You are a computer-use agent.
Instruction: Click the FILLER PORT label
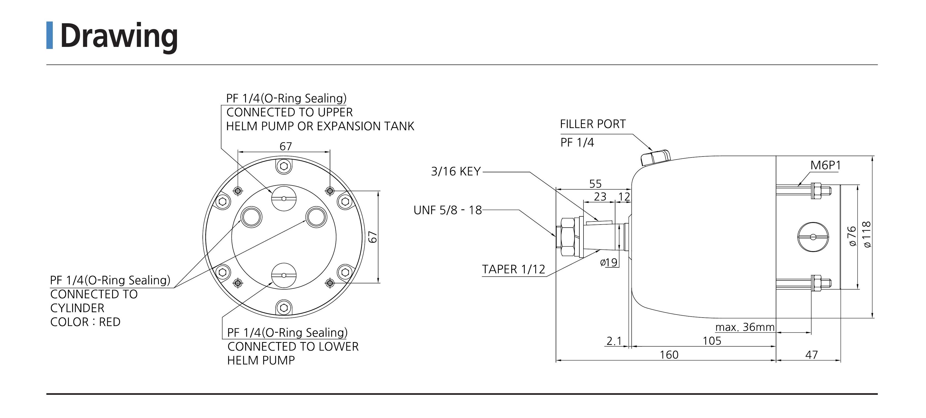click(x=592, y=124)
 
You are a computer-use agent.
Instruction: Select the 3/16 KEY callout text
click(x=455, y=172)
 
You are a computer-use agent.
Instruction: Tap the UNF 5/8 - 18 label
click(x=448, y=210)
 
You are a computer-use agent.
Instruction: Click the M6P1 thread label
click(x=826, y=165)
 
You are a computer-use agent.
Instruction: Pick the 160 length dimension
click(x=669, y=355)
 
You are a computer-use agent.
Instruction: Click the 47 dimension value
click(x=811, y=355)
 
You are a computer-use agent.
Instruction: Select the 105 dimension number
click(x=712, y=341)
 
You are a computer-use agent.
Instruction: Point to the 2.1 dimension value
click(x=614, y=341)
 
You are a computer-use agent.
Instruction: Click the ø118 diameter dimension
click(x=867, y=234)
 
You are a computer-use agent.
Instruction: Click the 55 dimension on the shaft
click(x=595, y=184)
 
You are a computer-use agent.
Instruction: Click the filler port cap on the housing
click(x=655, y=158)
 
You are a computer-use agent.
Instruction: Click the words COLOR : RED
click(x=85, y=322)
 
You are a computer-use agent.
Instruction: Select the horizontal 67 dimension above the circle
click(x=285, y=147)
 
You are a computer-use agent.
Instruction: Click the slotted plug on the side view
click(x=813, y=237)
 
